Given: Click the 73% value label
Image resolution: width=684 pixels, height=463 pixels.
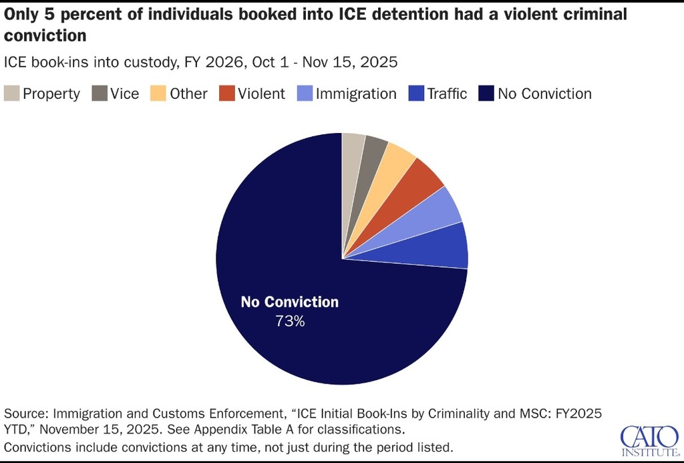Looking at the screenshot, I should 290,321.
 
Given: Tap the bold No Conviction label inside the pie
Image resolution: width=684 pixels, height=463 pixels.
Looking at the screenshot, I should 290,302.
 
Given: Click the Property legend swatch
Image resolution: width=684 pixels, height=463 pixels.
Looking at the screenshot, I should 11,94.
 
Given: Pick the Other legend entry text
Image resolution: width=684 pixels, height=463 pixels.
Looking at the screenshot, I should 188,94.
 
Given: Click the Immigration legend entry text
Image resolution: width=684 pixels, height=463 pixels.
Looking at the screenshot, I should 356,94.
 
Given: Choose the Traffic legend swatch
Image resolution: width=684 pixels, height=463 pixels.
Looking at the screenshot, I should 416,94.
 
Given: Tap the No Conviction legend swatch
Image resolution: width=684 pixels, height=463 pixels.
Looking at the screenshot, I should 487,94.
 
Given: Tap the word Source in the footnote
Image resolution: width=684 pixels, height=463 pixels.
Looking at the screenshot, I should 26,412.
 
